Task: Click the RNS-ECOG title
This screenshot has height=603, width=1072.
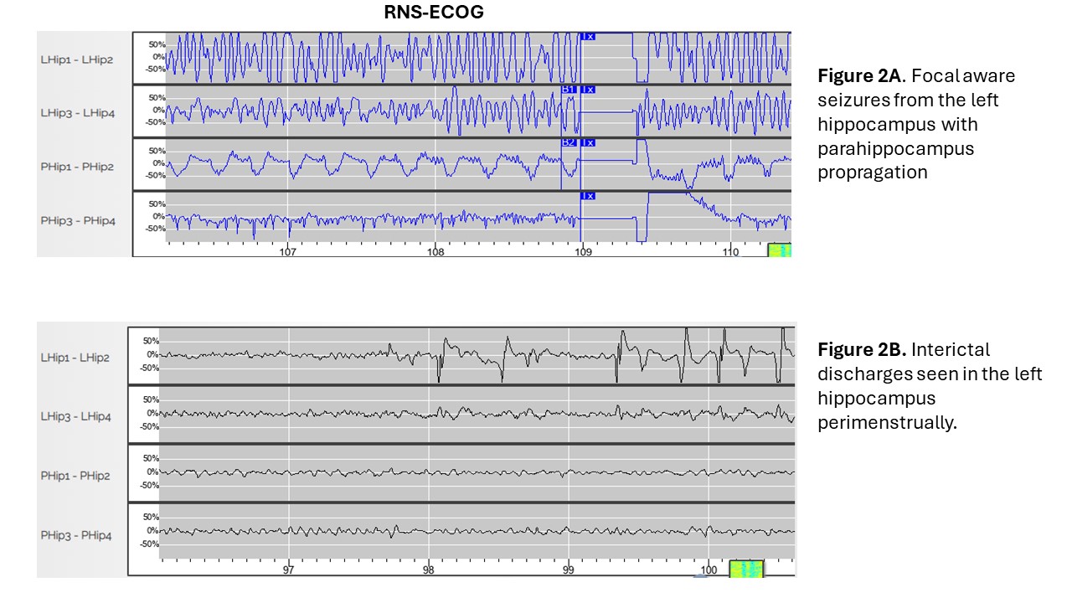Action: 434,13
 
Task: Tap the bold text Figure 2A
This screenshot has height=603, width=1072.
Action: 858,76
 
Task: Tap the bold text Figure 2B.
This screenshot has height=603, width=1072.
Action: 859,349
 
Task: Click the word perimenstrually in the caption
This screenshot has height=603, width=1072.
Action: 886,422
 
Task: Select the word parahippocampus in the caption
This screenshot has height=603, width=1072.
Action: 896,148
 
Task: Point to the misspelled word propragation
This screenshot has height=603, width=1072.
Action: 873,173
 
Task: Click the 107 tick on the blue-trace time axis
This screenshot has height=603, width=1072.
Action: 288,250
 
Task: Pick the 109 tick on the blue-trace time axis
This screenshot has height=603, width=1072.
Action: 582,250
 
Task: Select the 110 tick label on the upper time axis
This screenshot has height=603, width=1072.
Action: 729,250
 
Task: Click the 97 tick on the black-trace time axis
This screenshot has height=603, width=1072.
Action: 288,569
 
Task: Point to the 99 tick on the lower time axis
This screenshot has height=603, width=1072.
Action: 568,569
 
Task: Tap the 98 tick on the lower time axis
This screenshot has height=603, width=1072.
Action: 428,569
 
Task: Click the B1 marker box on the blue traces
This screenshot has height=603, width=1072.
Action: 569,90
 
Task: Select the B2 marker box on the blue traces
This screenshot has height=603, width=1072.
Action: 569,143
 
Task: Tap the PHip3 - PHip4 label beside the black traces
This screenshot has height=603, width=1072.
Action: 76,535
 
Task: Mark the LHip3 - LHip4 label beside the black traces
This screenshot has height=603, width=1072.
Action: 76,416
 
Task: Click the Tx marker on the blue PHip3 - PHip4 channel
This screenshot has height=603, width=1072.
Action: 588,196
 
